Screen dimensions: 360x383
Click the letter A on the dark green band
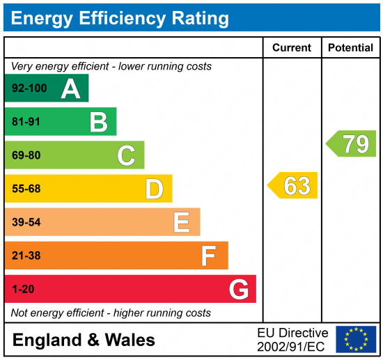[70, 88]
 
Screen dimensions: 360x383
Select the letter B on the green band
[98, 122]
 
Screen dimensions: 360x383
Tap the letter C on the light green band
[126, 155]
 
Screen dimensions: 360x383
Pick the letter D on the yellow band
[154, 189]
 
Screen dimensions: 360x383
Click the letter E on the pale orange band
[182, 222]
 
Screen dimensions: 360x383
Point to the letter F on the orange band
[208, 256]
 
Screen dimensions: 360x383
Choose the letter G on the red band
[238, 289]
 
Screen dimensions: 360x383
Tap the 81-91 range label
[26, 123]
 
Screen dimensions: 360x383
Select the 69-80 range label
[26, 156]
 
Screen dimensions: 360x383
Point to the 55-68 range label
[26, 189]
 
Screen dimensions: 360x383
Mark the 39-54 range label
[26, 222]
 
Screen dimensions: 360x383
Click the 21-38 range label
[26, 256]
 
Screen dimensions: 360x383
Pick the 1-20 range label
[23, 289]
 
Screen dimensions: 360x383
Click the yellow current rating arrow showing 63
[293, 186]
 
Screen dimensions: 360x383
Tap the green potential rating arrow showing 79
[352, 143]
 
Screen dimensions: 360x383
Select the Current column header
[292, 48]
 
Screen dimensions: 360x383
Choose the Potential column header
[350, 48]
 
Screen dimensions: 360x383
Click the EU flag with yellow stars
[355, 339]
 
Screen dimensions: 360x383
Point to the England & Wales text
[84, 341]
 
